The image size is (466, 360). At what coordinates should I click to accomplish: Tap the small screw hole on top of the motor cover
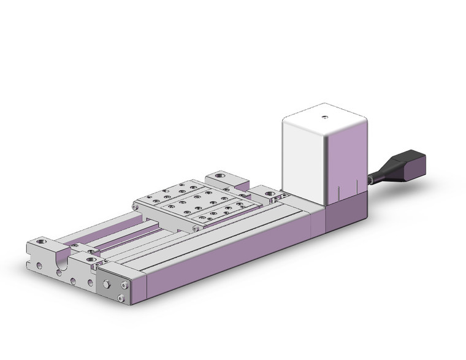[x=325, y=115]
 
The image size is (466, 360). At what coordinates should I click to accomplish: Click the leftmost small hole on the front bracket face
[x=39, y=267]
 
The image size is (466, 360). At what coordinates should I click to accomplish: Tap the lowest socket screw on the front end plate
[x=121, y=298]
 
